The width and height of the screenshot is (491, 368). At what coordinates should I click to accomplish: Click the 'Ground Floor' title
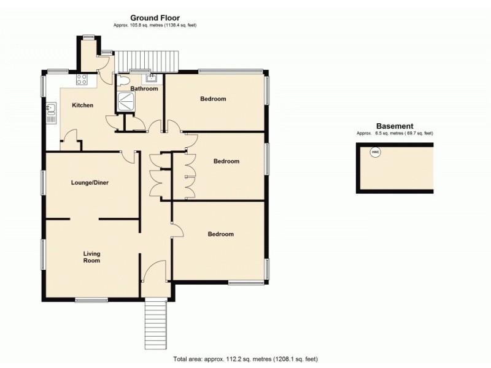click(x=154, y=18)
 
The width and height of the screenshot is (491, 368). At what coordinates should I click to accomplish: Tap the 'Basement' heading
click(x=394, y=126)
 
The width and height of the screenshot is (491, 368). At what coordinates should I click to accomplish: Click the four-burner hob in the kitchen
click(x=82, y=79)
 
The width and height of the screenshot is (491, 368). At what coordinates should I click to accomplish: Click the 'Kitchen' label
click(x=83, y=105)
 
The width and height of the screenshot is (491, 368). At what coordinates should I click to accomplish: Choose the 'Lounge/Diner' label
click(x=90, y=182)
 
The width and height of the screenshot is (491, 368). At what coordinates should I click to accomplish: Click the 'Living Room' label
click(x=92, y=257)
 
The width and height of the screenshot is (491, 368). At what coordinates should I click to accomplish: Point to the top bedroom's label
click(x=213, y=99)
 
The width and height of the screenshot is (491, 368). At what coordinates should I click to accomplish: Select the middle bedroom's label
click(x=226, y=161)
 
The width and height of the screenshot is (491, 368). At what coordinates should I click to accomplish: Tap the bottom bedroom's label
click(x=220, y=234)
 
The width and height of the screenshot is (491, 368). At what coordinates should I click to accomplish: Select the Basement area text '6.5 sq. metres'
click(x=394, y=134)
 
